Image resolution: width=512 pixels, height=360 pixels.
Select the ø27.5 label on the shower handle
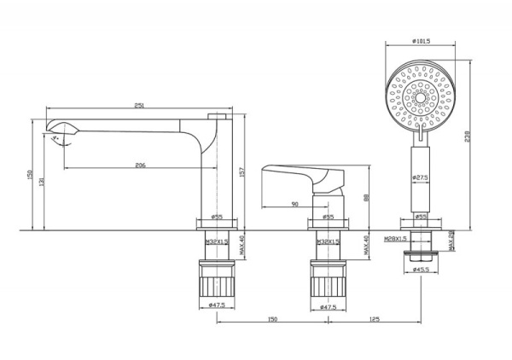(420, 177)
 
